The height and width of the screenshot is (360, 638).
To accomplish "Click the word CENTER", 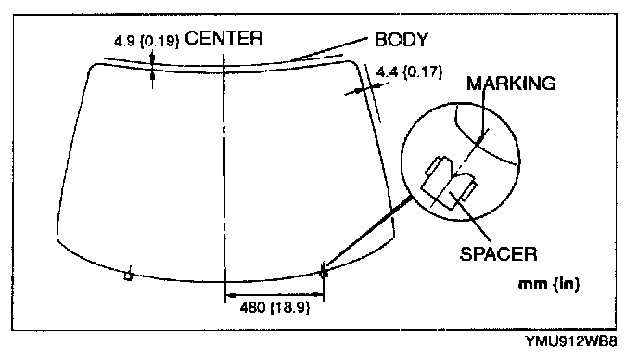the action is [223, 38].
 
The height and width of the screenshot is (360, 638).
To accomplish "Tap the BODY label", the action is [402, 40].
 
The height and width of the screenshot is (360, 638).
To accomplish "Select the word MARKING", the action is [511, 84].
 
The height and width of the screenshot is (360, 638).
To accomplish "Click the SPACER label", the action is [499, 253].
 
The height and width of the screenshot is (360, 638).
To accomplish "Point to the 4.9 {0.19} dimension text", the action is [147, 41].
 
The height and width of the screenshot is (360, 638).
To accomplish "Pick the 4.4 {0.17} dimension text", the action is [409, 72].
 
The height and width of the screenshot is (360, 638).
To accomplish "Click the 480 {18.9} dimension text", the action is [274, 307].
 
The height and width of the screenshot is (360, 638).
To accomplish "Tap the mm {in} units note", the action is [549, 284].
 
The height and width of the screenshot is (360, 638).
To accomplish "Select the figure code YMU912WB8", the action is [571, 341].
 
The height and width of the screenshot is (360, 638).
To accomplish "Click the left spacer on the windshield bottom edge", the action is [128, 276].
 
